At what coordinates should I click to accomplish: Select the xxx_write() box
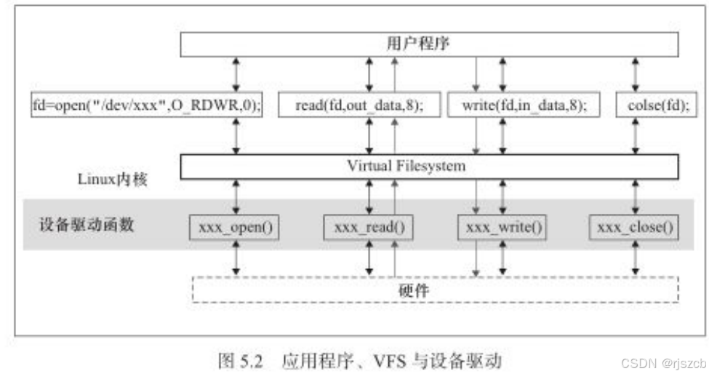501,228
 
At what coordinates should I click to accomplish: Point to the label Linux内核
113,178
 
